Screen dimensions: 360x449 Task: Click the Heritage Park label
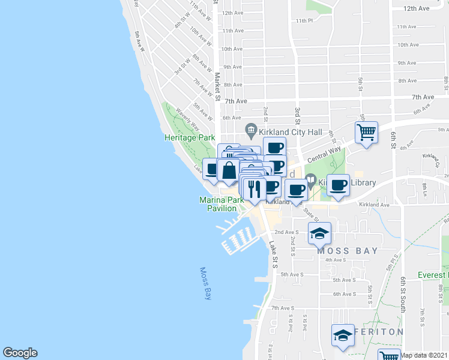[190, 137]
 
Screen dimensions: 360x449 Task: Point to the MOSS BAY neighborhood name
[348, 251]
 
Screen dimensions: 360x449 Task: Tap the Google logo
[20, 353]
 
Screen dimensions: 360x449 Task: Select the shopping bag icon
[229, 170]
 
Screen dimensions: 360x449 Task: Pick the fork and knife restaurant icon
[255, 189]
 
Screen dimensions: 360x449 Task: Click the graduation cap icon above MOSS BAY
[319, 233]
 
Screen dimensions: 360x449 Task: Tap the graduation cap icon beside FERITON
[343, 335]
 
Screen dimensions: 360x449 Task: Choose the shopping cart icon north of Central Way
[366, 132]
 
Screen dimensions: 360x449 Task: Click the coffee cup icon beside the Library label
[339, 185]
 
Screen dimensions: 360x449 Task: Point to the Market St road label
[218, 86]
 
